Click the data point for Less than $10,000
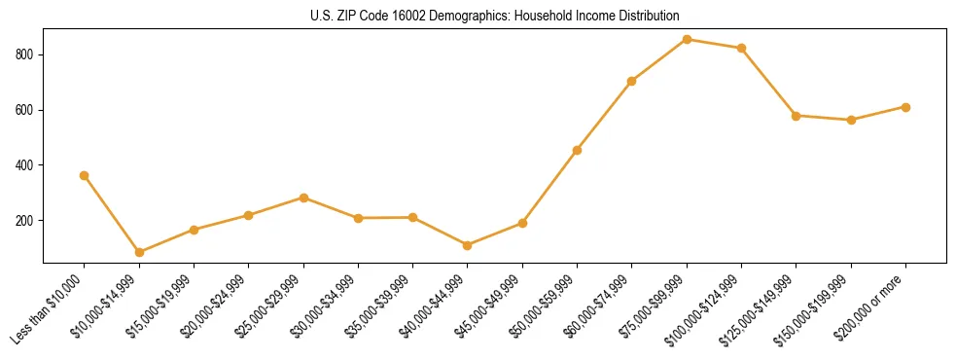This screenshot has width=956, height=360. pyautogui.click(x=85, y=175)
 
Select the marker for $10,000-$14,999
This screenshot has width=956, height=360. pyautogui.click(x=139, y=252)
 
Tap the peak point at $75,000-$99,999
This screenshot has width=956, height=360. pyautogui.click(x=687, y=39)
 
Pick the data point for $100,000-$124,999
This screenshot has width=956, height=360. pyautogui.click(x=742, y=48)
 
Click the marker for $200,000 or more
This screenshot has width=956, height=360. pyautogui.click(x=905, y=107)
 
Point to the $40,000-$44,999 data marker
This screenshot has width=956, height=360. pyautogui.click(x=468, y=245)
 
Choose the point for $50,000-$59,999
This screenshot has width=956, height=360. pyautogui.click(x=578, y=150)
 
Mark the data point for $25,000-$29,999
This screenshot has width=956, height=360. pyautogui.click(x=303, y=198)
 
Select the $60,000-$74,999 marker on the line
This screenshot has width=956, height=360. pyautogui.click(x=632, y=81)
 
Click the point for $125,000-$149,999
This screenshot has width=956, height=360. pyautogui.click(x=797, y=116)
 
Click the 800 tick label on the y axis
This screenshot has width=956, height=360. pyautogui.click(x=25, y=55)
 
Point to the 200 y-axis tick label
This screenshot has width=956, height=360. pyautogui.click(x=25, y=221)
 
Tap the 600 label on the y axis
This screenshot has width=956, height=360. pyautogui.click(x=25, y=111)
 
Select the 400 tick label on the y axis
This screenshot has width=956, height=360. pyautogui.click(x=25, y=165)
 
